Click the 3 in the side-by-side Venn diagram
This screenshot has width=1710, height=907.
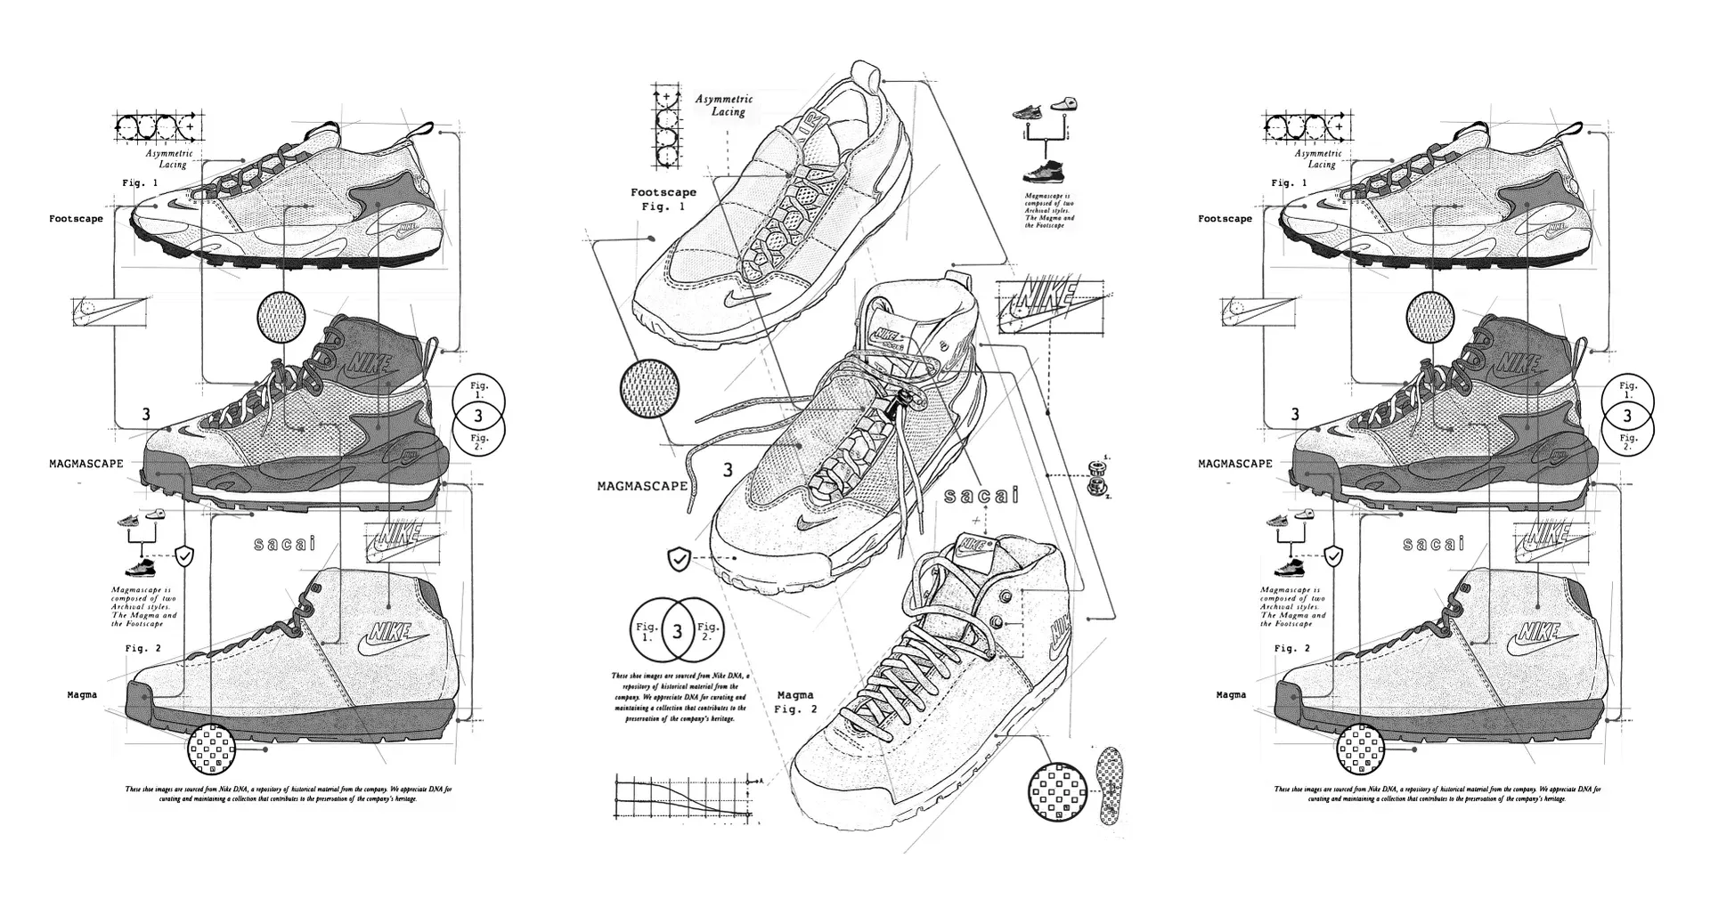coord(678,631)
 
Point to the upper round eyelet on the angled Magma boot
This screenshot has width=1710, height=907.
coord(1006,595)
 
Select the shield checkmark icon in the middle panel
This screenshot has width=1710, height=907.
coord(679,559)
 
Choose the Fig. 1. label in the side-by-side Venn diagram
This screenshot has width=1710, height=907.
coord(647,631)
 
